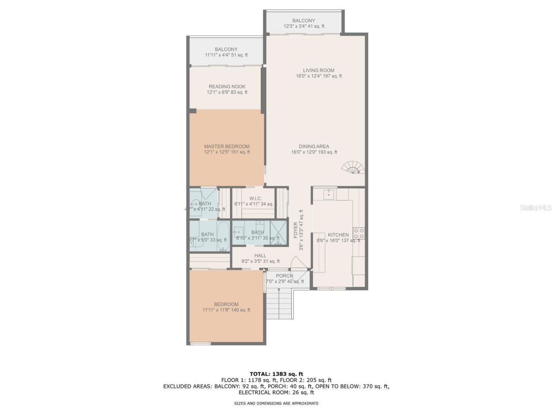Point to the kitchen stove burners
pos(359,233)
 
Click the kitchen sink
pos(330,193)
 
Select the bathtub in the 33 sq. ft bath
pos(223,237)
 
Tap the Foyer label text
pos(296,230)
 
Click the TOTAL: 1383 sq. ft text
pos(276,374)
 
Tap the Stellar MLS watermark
pos(536,208)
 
